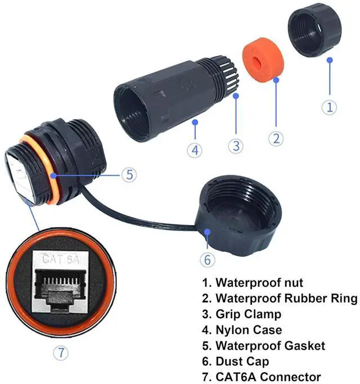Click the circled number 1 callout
coord(330,106)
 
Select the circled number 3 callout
coord(236,145)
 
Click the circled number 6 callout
coord(207,260)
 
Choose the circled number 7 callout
coord(62,353)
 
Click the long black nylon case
coord(163,98)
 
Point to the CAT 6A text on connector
coord(61,260)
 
